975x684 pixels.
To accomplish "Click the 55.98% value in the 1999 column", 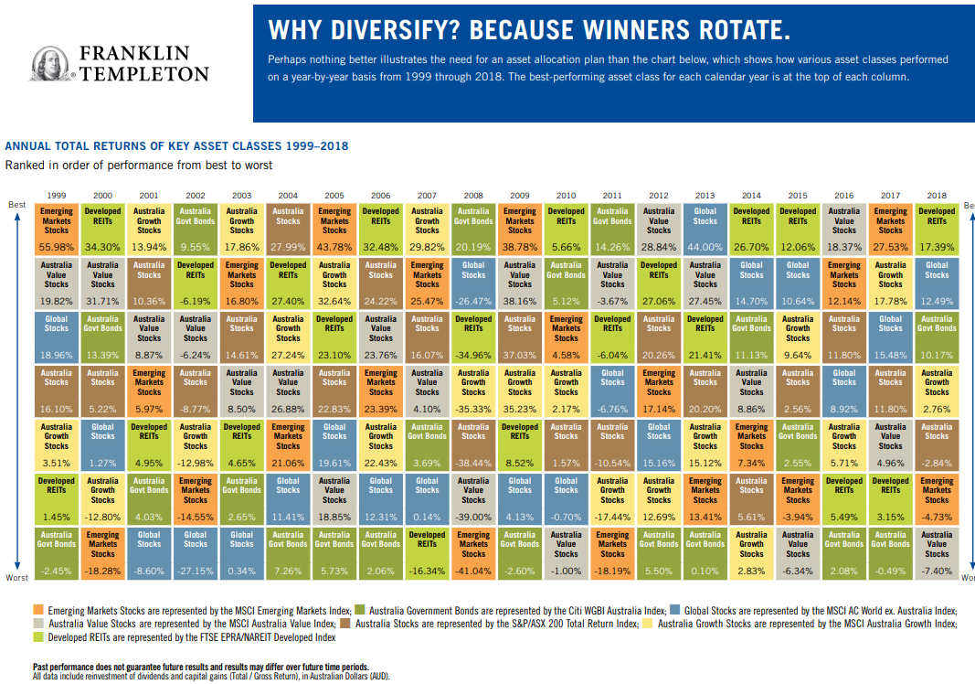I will [57, 247].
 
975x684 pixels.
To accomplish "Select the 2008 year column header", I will [473, 195].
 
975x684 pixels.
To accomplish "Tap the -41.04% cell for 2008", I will [473, 571].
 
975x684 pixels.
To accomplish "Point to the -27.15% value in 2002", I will [196, 571].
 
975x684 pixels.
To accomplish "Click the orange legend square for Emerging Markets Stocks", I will [37, 609].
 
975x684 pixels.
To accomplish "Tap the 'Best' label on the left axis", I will [17, 205].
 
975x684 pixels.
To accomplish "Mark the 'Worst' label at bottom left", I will [17, 578].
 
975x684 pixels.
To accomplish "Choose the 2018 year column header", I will [937, 195].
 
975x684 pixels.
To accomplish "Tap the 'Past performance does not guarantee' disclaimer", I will [201, 668].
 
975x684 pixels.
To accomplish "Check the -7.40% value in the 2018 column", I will [937, 571].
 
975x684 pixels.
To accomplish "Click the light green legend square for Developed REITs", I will [37, 637].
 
